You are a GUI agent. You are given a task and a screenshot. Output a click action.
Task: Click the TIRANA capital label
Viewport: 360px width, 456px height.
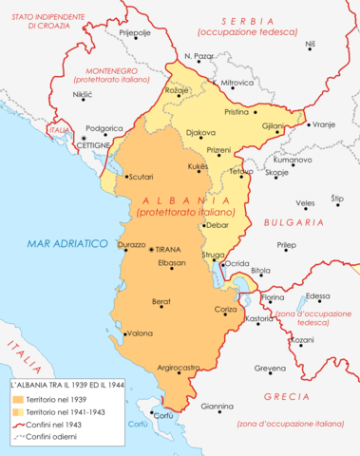pos(166,248)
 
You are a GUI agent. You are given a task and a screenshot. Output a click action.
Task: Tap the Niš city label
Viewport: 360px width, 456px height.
pos(310,45)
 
